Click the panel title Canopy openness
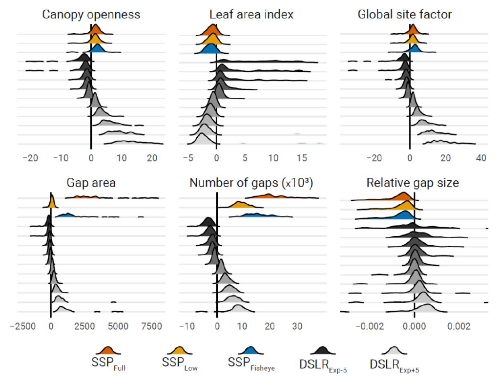point(91,14)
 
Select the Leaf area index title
point(251,14)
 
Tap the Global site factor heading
point(405,14)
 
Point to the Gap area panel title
point(91,183)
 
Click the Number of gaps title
point(251,183)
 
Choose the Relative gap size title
point(413,183)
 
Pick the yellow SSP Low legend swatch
point(179,350)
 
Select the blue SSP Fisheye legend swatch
point(250,350)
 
